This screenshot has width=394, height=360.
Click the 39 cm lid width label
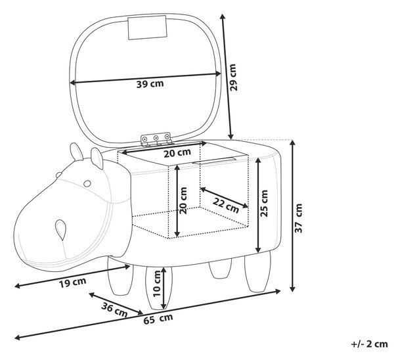pyautogui.click(x=150, y=84)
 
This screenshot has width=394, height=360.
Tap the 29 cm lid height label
pyautogui.click(x=233, y=77)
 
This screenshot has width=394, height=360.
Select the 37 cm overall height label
pyautogui.click(x=298, y=218)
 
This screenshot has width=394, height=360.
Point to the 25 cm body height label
pyautogui.click(x=264, y=203)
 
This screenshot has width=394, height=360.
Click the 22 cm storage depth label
pyautogui.click(x=226, y=205)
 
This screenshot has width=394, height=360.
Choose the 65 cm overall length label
pyautogui.click(x=158, y=319)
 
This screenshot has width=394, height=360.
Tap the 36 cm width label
pyautogui.click(x=114, y=310)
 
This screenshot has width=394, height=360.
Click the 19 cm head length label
pyautogui.click(x=73, y=282)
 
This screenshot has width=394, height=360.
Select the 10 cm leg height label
pyautogui.click(x=156, y=283)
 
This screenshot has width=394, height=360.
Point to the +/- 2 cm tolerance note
pyautogui.click(x=369, y=344)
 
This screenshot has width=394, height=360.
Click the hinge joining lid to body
pyautogui.click(x=156, y=139)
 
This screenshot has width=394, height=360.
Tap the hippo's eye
pyautogui.click(x=87, y=183)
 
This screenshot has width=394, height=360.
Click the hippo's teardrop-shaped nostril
pyautogui.click(x=60, y=229)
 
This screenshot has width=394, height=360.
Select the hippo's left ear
pyautogui.click(x=77, y=152)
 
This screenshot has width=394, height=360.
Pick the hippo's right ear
pyautogui.click(x=97, y=158)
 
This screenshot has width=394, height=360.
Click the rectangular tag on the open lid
pyautogui.click(x=147, y=28)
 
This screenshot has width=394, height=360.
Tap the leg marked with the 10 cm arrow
pyautogui.click(x=159, y=287)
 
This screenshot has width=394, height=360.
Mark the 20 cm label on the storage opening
pyautogui.click(x=177, y=153)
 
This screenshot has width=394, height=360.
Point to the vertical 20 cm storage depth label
pyautogui.click(x=183, y=200)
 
